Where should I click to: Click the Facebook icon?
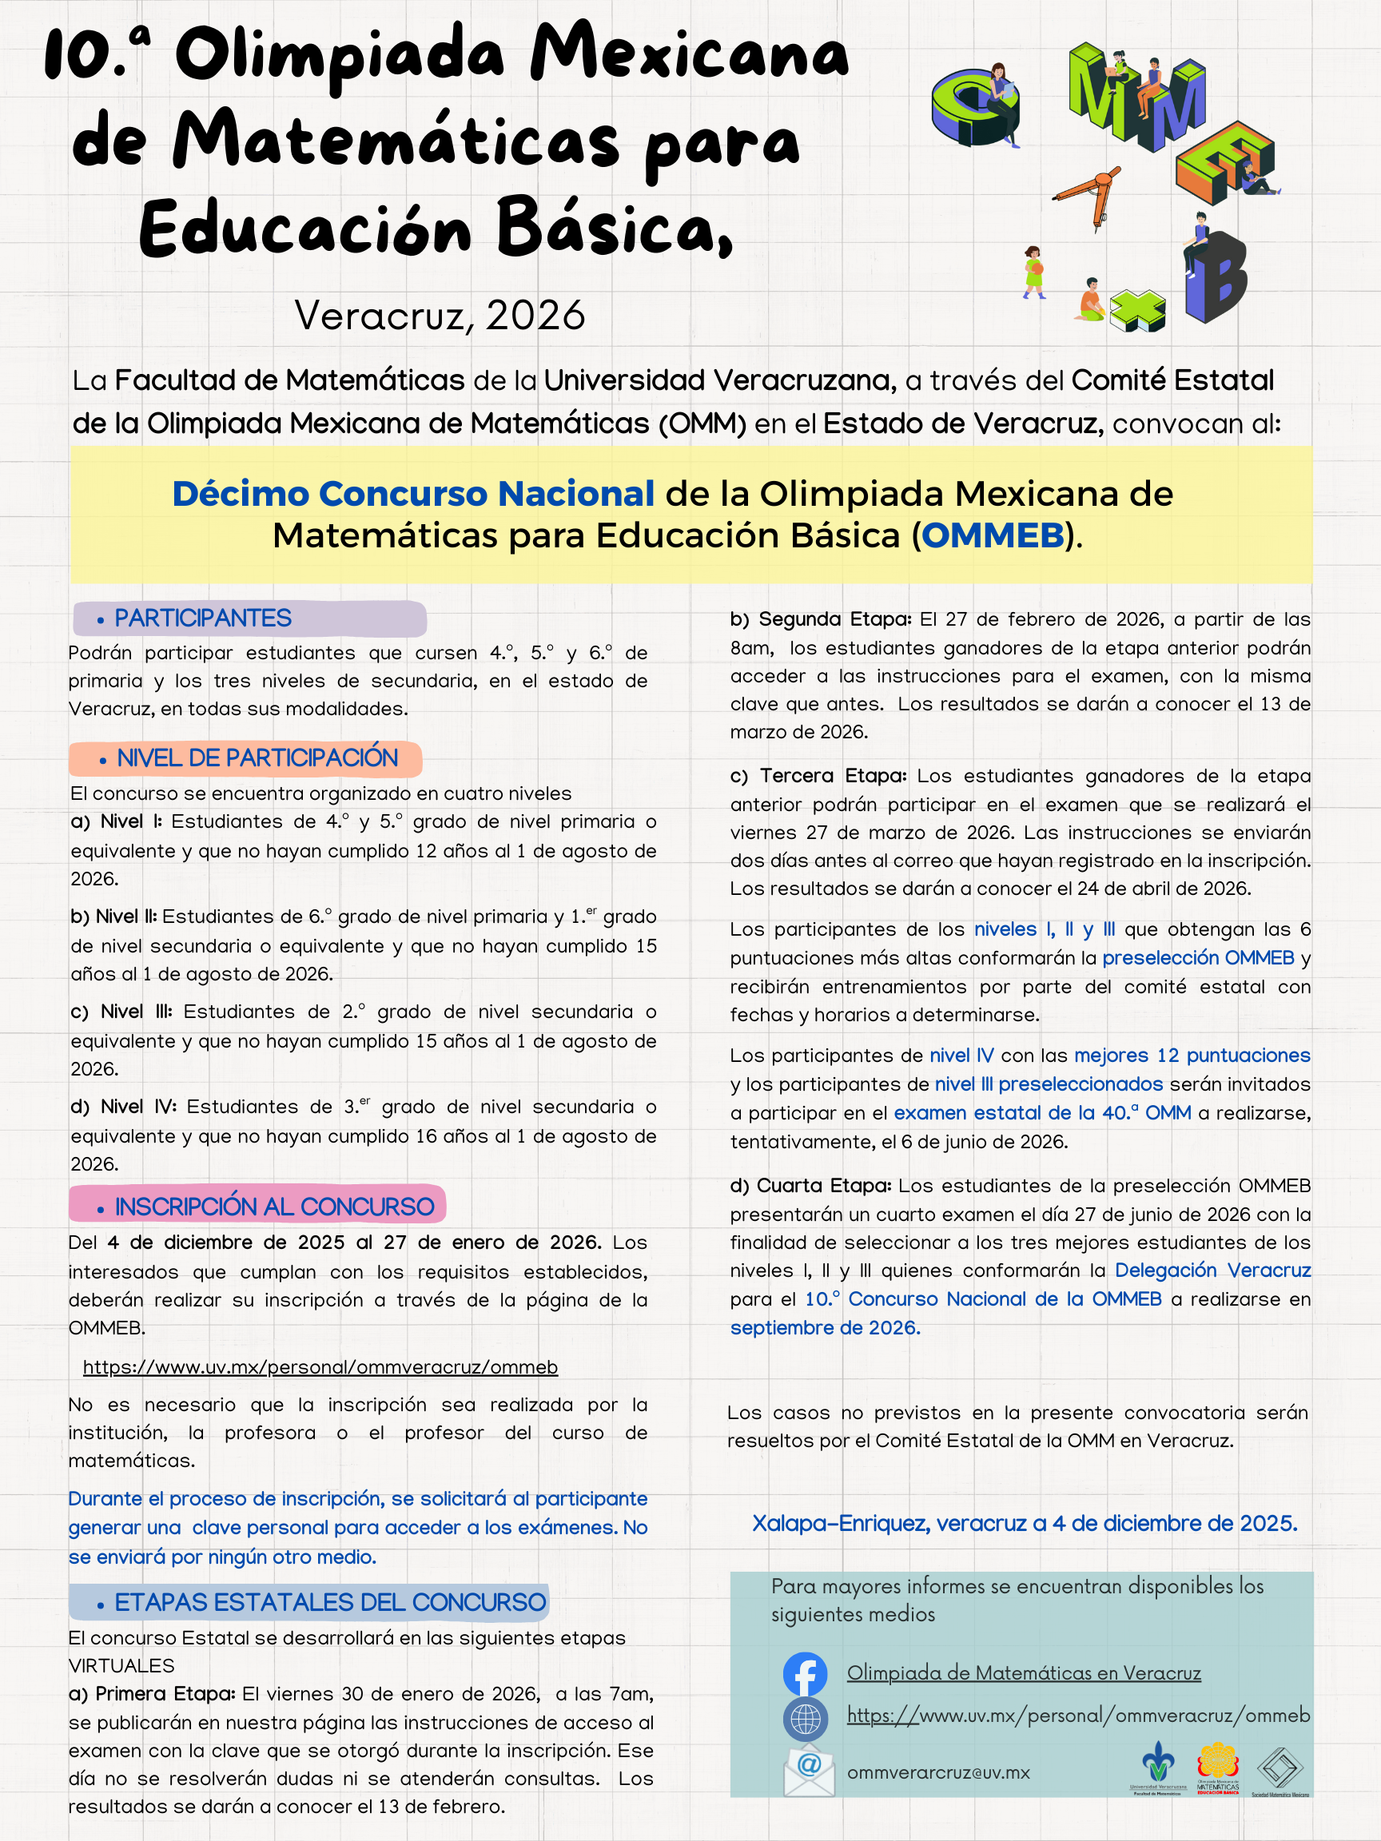(805, 1674)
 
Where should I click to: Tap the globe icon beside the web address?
(805, 1720)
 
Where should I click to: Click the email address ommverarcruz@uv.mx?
(938, 1773)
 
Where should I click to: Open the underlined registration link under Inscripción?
(320, 1367)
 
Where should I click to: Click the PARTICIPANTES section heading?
(202, 618)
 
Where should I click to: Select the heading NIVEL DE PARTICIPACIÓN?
(257, 758)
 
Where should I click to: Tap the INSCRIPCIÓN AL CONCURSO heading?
(274, 1206)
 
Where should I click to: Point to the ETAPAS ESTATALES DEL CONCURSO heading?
(329, 1602)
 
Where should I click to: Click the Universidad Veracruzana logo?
(1158, 1768)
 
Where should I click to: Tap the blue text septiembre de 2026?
(825, 1327)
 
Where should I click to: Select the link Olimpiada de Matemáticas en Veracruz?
(1023, 1673)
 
